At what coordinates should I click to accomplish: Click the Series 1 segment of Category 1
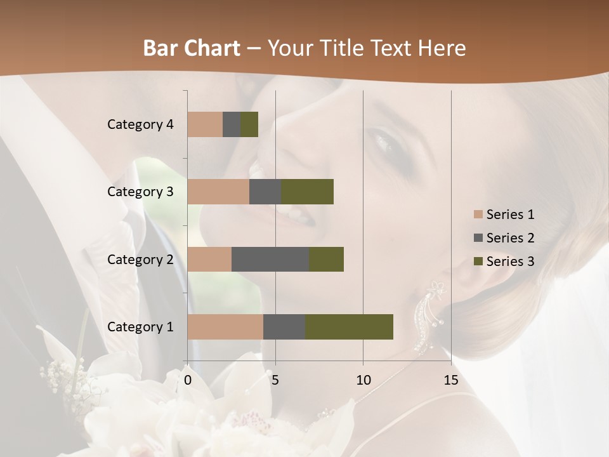pos(225,327)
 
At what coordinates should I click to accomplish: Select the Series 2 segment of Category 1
pos(284,327)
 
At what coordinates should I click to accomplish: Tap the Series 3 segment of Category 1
pos(349,327)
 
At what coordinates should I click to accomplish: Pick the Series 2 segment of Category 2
pos(270,259)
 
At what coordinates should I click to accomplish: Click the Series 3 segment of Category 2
pos(326,259)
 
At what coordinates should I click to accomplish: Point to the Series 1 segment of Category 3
pos(218,192)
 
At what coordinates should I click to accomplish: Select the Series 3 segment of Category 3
pos(307,192)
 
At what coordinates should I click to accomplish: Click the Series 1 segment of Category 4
pos(205,124)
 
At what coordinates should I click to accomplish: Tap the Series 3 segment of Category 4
pos(249,124)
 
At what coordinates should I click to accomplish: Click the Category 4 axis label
pos(140,124)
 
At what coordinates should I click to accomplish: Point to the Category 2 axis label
pos(140,259)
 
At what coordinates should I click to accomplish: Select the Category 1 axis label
pos(140,327)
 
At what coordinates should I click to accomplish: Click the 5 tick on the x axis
pos(275,380)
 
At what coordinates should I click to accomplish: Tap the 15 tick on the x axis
pos(450,380)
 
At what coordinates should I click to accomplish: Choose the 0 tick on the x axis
pos(188,380)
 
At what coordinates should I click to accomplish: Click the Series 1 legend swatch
pos(478,215)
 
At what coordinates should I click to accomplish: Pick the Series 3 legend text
pos(510,262)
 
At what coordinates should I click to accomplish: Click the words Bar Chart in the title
pos(192,48)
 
